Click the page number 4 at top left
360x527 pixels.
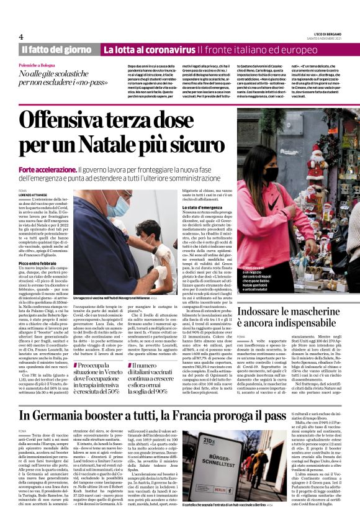click(21, 37)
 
